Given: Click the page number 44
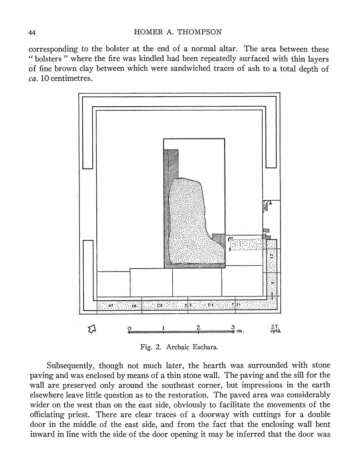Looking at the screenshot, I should (x=32, y=33).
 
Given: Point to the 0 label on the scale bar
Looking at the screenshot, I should (x=130, y=327).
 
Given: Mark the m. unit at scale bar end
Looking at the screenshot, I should (x=241, y=332).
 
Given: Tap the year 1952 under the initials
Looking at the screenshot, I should (x=275, y=331).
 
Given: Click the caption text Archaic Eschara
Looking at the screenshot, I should (x=196, y=349).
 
